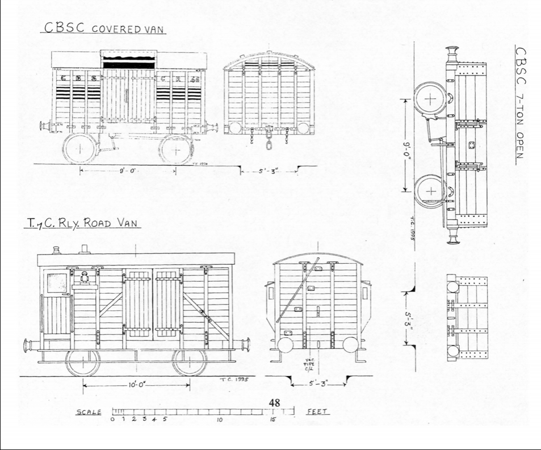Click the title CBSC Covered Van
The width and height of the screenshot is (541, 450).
103,29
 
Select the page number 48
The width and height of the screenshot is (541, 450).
275,402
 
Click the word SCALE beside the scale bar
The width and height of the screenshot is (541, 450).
89,412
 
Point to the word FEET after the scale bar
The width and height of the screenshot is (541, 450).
318,412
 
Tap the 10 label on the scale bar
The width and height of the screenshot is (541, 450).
219,420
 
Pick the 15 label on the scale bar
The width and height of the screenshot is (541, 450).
272,420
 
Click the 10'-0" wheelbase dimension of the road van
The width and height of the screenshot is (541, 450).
136,386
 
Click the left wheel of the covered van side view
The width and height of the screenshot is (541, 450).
80,148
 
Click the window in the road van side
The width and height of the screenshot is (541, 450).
57,284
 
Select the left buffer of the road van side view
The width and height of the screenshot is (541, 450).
28,345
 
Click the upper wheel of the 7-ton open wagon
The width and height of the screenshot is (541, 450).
431,99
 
